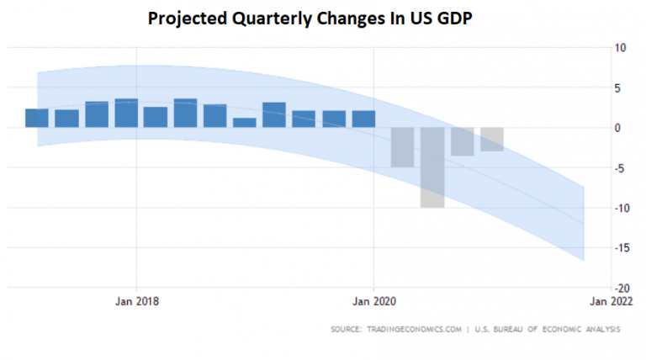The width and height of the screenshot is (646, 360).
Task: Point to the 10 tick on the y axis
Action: point(620,48)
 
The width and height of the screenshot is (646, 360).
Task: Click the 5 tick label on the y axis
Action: point(622,87)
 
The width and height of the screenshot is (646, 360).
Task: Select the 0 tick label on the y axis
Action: point(622,128)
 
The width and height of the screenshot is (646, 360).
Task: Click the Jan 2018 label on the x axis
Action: point(136,301)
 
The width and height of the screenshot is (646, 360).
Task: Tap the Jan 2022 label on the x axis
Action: point(612,301)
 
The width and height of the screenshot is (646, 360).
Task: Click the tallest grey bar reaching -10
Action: point(432,167)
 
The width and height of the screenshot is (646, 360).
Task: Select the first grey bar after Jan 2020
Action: point(403,147)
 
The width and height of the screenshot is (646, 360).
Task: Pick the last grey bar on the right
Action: point(492,140)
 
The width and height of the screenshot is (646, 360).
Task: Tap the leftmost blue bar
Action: point(37,118)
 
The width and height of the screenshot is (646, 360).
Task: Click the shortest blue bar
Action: point(245,123)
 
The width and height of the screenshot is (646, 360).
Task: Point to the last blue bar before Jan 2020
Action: point(363,119)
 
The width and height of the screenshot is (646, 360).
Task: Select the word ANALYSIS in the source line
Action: point(596,329)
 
